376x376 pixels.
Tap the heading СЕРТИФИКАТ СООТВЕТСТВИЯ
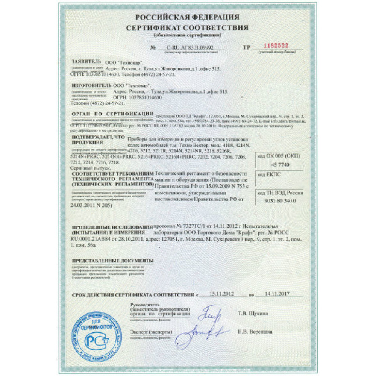point(187,28)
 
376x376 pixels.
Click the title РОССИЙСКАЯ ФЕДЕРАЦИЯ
point(187,17)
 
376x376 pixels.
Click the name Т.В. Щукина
point(252,313)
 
